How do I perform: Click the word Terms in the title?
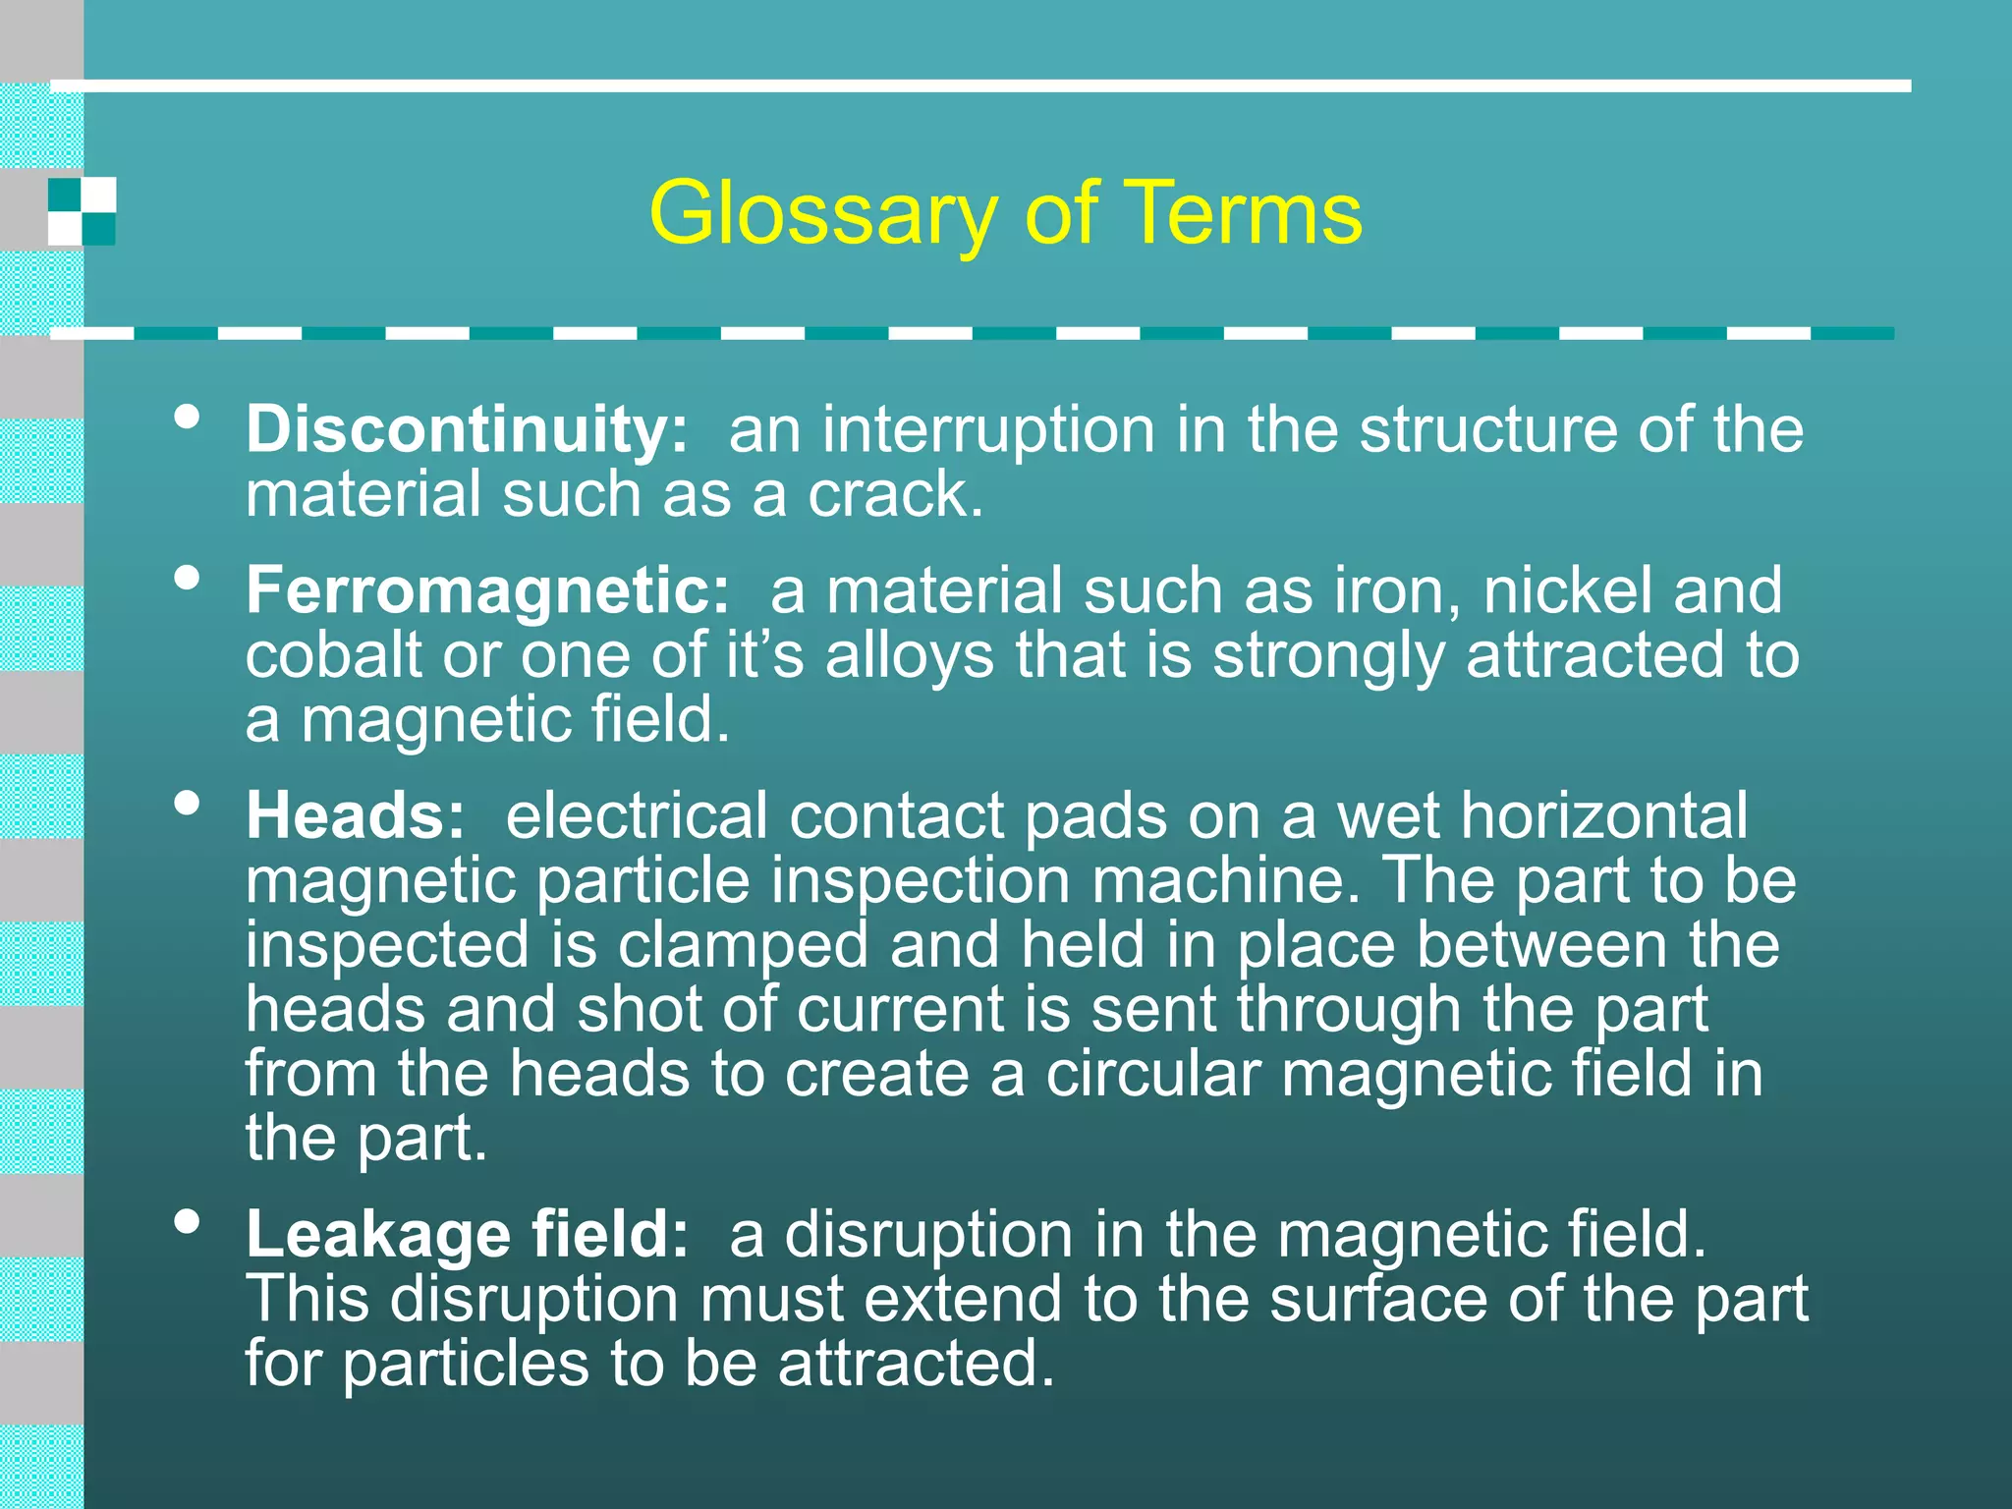point(1243,213)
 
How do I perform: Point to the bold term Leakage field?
point(467,1234)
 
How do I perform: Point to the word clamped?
point(743,945)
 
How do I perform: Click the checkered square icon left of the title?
point(83,211)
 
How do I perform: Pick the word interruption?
point(987,430)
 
